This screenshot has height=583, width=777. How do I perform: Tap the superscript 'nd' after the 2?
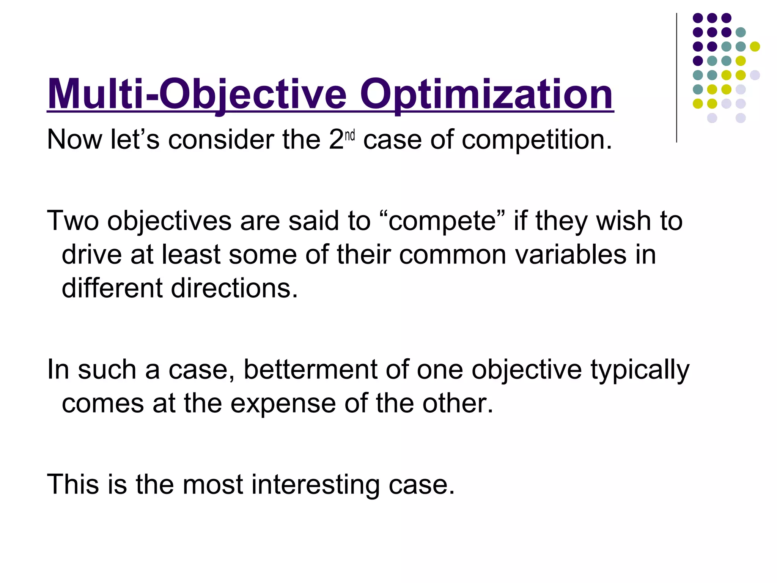coord(350,136)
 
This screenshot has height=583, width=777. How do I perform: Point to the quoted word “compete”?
coord(442,221)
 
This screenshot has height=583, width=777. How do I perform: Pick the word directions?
coord(234,288)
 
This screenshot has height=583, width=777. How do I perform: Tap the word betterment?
coord(310,370)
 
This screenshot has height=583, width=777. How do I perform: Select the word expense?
coord(283,403)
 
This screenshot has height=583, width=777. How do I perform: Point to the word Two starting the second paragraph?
coord(73,221)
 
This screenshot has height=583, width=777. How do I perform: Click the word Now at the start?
coord(74,140)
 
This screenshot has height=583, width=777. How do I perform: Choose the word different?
coord(112,288)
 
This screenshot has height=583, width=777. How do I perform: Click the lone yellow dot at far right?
coord(755,46)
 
